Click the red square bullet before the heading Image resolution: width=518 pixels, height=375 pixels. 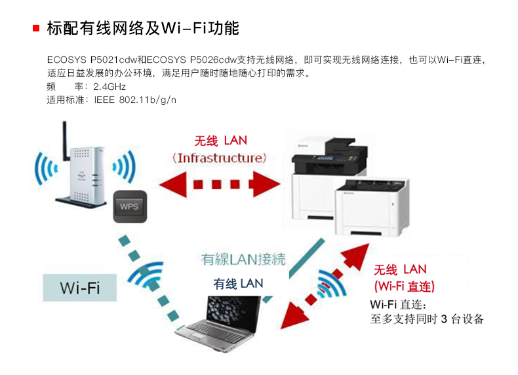[x=37, y=28]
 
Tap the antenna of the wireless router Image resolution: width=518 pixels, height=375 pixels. [x=66, y=140]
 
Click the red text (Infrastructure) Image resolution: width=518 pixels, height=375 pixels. [x=220, y=158]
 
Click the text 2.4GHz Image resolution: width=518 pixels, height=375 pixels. [x=110, y=86]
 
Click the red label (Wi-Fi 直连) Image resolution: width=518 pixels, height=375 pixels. [x=405, y=286]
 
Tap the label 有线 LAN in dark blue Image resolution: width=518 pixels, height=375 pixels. [x=238, y=283]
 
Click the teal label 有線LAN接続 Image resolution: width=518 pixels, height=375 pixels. [x=243, y=260]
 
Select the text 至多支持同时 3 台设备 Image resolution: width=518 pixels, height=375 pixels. [x=427, y=319]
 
